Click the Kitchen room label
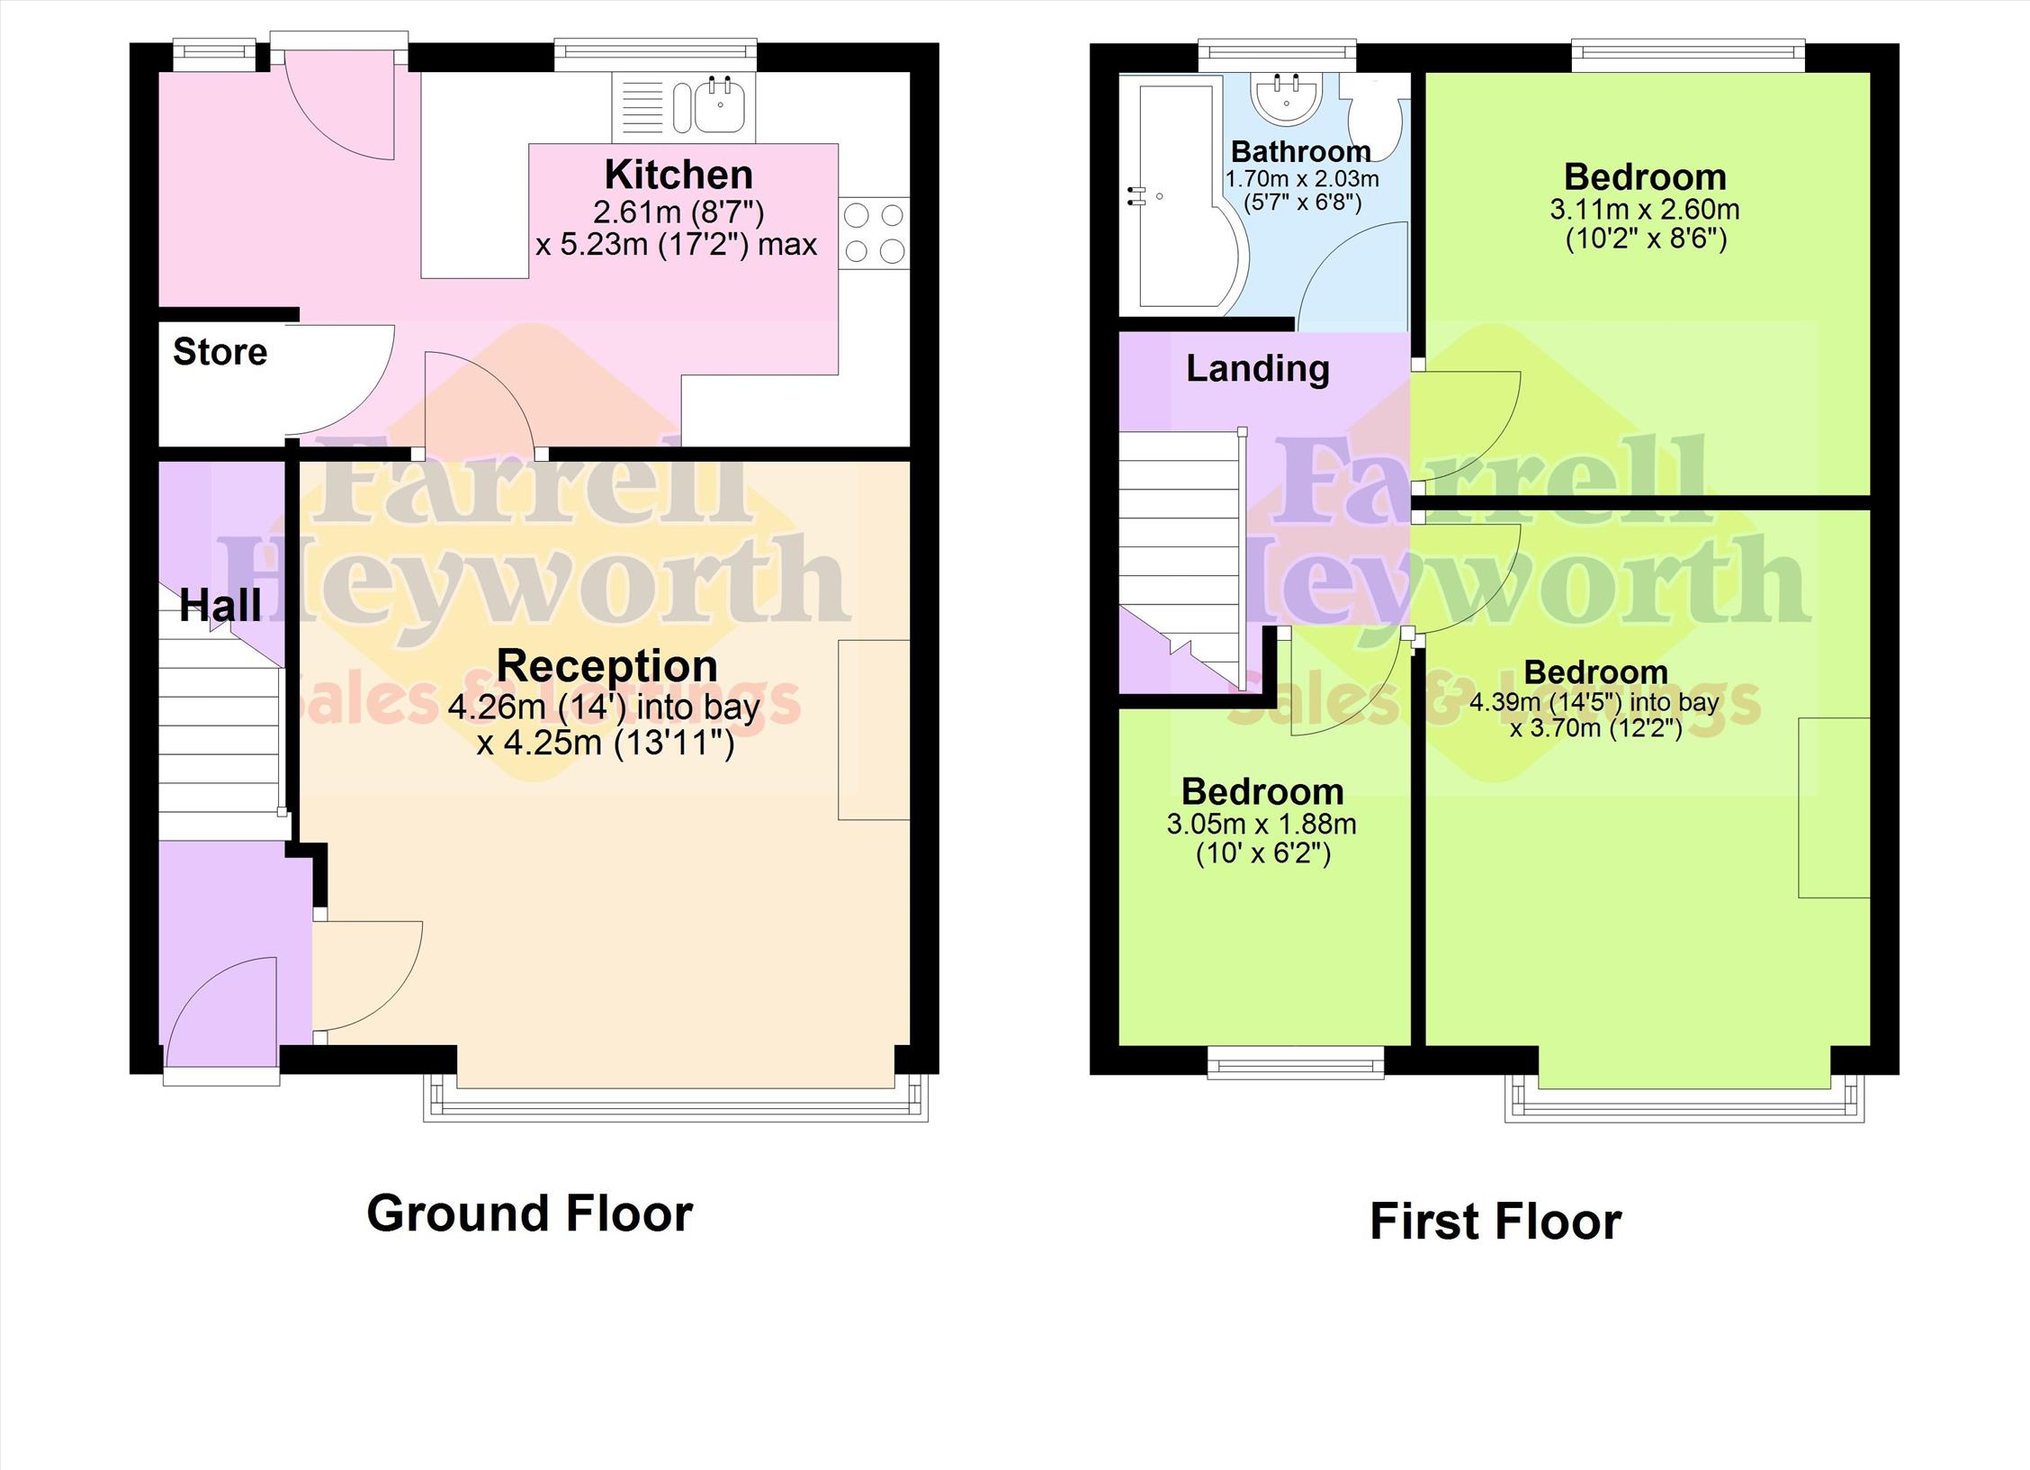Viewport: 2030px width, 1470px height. (x=678, y=175)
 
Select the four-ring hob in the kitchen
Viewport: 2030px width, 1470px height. (x=874, y=233)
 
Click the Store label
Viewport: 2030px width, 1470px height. (x=220, y=352)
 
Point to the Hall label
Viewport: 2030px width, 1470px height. (x=220, y=605)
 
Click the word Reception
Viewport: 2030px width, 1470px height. (x=607, y=666)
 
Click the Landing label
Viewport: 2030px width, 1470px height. (x=1258, y=368)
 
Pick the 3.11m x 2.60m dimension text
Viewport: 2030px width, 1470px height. (x=1645, y=211)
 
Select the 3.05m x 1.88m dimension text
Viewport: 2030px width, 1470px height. (x=1262, y=825)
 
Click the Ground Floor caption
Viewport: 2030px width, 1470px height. (x=530, y=1213)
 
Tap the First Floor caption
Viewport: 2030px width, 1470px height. (x=1496, y=1222)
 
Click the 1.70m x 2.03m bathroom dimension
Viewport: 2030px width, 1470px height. (x=1302, y=179)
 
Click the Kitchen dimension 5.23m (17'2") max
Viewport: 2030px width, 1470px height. (x=677, y=245)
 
